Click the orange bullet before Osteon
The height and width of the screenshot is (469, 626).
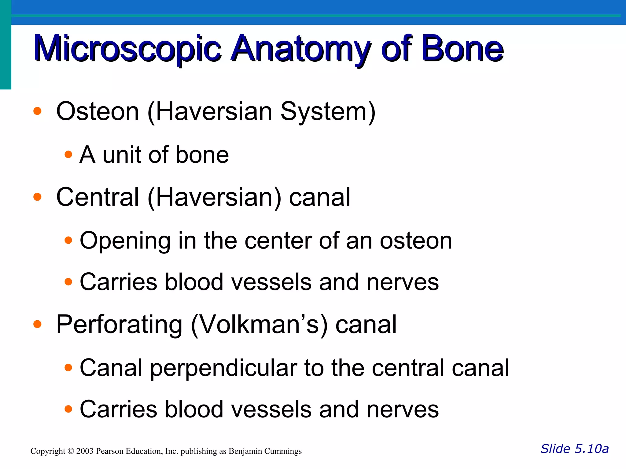click(x=37, y=111)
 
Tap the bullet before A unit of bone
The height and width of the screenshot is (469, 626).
click(x=68, y=155)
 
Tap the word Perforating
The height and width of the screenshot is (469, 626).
click(x=119, y=325)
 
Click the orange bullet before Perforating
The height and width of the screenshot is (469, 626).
click(x=37, y=324)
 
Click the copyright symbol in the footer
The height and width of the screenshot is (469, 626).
click(x=71, y=451)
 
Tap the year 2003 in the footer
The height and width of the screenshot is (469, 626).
click(x=85, y=451)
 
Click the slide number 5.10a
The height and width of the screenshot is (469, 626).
click(x=592, y=449)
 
